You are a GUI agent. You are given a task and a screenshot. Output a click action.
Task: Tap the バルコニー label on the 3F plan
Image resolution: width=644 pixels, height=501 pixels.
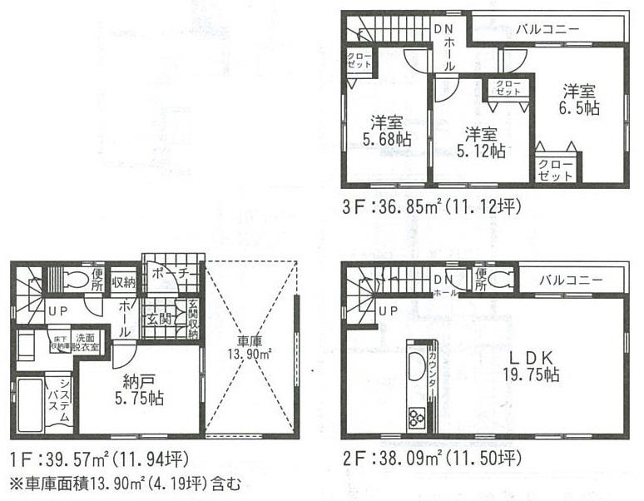[547, 29]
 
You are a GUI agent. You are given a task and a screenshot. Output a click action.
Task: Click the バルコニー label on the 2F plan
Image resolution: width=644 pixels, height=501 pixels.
[570, 280]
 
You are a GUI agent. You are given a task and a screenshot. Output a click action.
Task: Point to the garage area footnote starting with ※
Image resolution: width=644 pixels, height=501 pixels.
[124, 483]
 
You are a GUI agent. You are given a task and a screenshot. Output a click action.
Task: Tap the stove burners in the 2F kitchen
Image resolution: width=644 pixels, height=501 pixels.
[416, 417]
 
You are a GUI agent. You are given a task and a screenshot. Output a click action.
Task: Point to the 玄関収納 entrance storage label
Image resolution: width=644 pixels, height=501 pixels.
[193, 318]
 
